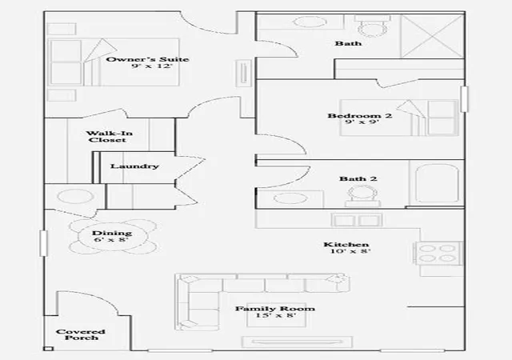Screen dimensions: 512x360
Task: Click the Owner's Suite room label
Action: (147, 59)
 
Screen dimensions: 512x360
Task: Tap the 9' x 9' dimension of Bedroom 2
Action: (362, 122)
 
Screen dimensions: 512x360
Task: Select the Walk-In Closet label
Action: (109, 137)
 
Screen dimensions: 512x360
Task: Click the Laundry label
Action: (134, 166)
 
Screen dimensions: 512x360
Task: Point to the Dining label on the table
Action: (112, 234)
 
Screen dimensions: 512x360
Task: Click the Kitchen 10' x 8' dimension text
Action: (350, 251)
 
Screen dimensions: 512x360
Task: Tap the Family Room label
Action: (275, 309)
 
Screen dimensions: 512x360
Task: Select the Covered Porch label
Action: (81, 334)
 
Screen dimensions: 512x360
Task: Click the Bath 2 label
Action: (358, 178)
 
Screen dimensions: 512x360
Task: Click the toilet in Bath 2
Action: (362, 196)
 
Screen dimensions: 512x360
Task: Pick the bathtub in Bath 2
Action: (437, 183)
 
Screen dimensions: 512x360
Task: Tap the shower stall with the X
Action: (432, 36)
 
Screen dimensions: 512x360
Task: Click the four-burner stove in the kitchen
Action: (439, 253)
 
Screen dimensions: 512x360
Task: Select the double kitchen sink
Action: (356, 220)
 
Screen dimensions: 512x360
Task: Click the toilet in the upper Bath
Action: (373, 26)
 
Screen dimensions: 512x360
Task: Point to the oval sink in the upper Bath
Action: (310, 22)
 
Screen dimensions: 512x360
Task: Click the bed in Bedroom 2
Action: (398, 118)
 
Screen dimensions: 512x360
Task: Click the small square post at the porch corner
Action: (48, 349)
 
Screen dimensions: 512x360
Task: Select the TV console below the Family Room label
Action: (297, 342)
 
